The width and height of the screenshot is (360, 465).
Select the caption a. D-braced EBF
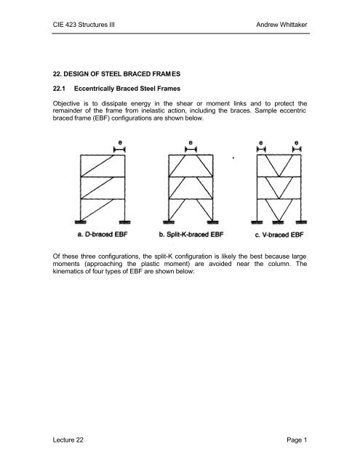point(103,235)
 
